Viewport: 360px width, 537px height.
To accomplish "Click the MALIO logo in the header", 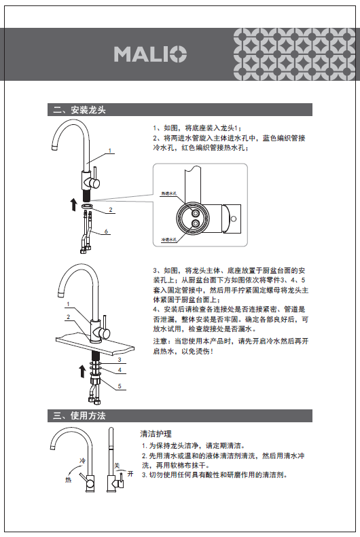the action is coord(150,54).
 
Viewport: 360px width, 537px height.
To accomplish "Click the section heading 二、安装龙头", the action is coord(79,110).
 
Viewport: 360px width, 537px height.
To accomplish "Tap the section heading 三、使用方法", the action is coord(79,415).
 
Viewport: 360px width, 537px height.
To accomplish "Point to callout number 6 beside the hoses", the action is coord(106,232).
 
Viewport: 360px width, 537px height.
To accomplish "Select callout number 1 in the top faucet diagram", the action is coord(110,150).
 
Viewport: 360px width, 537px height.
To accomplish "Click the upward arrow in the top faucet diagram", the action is coord(74,204).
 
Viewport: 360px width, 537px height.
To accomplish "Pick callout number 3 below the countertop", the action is coord(120,359).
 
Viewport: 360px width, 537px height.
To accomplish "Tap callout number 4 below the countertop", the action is coord(120,370).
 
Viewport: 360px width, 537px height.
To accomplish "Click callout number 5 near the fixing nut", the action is coord(120,386).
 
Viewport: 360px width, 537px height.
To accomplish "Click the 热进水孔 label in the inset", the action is coord(169,193).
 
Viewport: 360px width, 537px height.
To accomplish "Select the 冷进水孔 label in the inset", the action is coord(169,240).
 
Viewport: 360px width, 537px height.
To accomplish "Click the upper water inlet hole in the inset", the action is coord(196,213).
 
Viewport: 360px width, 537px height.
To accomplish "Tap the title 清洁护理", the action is coord(156,434).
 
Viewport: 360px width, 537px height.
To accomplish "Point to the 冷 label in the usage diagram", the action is coord(83,461).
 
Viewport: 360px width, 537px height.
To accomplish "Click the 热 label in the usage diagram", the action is coord(69,480).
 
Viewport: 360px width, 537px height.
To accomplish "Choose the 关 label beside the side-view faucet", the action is coord(117,466).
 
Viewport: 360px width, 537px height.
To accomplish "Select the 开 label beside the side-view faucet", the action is coord(130,474).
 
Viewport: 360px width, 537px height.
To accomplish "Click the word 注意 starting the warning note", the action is coord(160,341).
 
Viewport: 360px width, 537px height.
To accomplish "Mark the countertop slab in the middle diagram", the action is coord(95,344).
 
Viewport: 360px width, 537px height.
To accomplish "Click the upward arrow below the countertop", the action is coord(82,371).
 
